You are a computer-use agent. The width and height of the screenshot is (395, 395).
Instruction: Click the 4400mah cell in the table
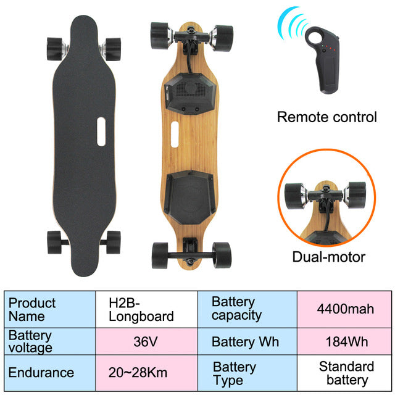(344, 309)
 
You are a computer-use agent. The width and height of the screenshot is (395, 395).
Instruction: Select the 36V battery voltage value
(146, 341)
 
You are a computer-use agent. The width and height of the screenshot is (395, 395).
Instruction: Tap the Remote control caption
(326, 117)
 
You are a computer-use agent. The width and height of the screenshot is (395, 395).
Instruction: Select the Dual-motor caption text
(329, 257)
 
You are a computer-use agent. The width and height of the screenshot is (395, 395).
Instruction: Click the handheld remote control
(323, 60)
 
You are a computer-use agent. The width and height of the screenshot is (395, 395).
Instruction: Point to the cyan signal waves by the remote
(292, 23)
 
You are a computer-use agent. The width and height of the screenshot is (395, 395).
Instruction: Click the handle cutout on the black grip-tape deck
(101, 131)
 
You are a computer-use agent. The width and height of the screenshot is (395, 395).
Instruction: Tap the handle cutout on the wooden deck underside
(175, 135)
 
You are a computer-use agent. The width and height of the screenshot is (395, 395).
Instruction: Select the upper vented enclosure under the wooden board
(191, 94)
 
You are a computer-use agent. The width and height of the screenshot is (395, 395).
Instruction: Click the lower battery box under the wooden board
(190, 197)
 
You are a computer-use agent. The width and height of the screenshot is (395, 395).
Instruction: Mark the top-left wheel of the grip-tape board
(54, 49)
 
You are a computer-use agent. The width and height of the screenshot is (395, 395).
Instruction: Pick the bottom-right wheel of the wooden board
(222, 255)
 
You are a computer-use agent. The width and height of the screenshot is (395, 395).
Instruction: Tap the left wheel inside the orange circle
(294, 196)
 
